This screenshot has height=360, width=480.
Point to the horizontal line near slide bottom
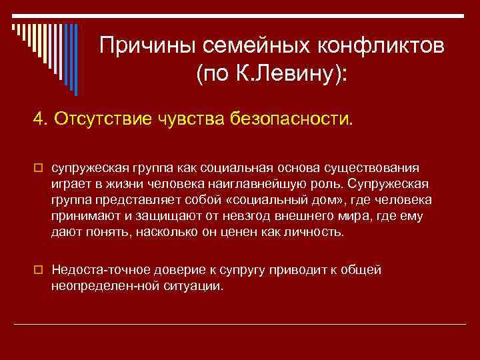240,324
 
